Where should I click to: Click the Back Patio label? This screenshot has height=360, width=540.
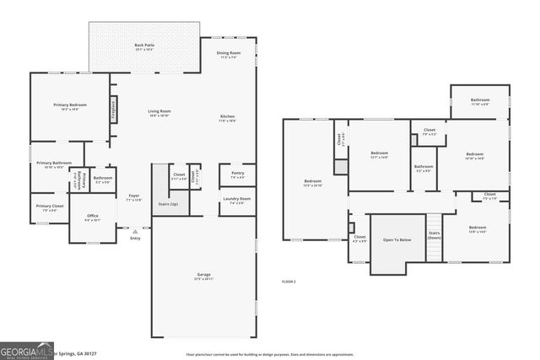[x=144, y=46]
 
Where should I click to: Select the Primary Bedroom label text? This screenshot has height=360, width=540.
[x=70, y=105]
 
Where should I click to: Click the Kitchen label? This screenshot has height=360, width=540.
[x=228, y=117]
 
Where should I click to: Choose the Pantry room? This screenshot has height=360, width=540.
[x=237, y=174]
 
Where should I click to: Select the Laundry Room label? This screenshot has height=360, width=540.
[x=237, y=200]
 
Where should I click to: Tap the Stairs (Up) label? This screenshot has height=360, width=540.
[x=169, y=204]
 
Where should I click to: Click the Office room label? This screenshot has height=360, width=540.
[x=93, y=216]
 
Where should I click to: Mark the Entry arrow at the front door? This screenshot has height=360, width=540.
[x=135, y=229]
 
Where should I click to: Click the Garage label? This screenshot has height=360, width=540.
[x=204, y=275]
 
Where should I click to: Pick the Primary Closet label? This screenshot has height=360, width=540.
[x=50, y=207]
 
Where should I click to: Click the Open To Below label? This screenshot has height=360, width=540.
[x=397, y=240]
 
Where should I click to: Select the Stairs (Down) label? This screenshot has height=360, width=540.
[x=435, y=235]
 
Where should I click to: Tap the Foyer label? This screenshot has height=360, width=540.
[x=135, y=197]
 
